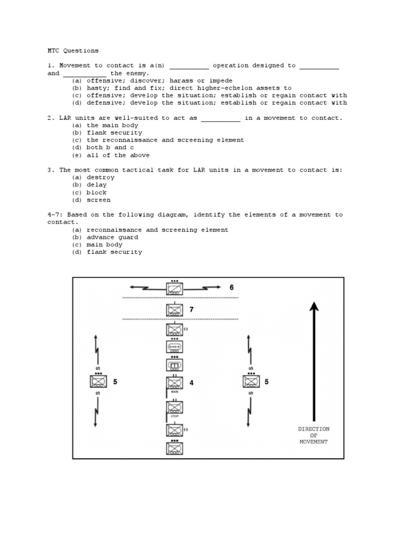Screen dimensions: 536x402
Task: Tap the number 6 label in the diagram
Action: pos(231,287)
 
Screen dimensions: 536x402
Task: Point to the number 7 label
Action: pos(192,309)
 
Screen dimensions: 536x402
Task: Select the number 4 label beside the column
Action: pos(192,383)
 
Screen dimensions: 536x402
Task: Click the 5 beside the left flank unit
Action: pos(115,382)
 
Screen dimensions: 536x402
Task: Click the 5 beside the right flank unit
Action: pos(266,382)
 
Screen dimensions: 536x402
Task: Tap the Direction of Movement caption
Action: pos(314,435)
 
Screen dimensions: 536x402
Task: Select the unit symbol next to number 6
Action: pos(175,289)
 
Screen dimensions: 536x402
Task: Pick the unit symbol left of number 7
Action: pos(174,310)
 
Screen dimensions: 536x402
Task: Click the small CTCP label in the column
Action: pos(174,418)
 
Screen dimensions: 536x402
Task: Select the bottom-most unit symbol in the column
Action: pos(174,449)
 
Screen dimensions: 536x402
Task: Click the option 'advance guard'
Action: pos(112,237)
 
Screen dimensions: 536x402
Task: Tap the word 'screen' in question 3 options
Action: pos(98,199)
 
